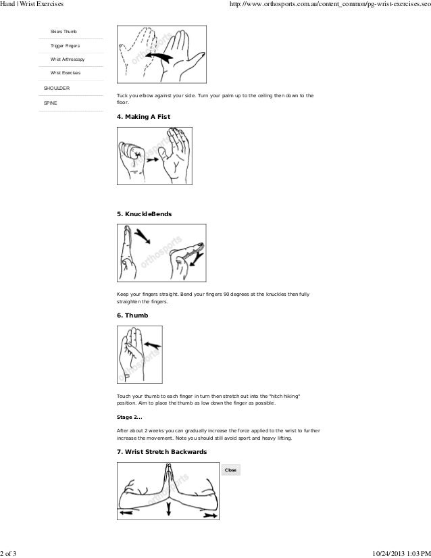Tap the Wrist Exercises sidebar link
point(66,73)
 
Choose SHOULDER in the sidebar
point(55,88)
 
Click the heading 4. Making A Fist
point(144,117)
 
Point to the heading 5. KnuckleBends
point(145,213)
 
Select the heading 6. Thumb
point(132,314)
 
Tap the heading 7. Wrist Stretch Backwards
point(162,451)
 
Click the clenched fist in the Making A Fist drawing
point(134,156)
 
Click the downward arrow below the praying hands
point(169,511)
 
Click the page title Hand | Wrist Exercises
point(32,5)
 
